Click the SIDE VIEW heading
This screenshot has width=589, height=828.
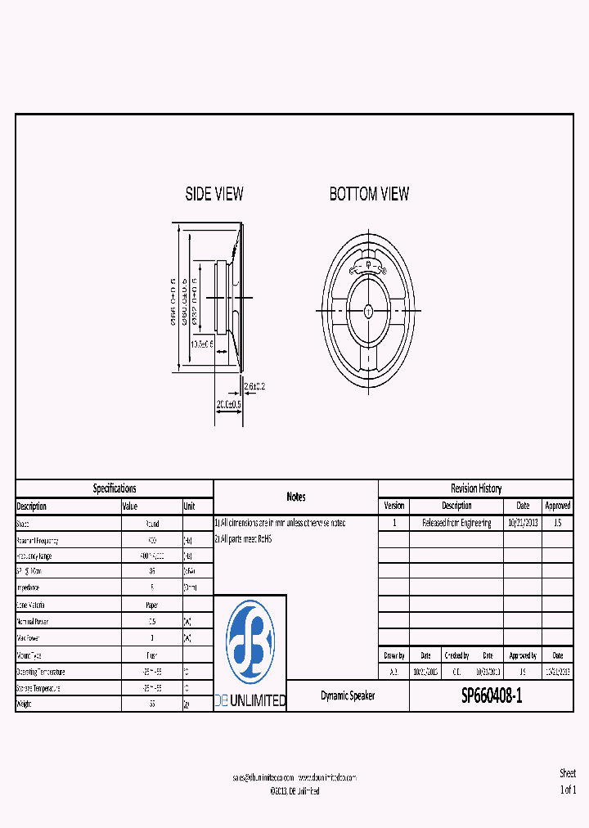[x=214, y=195]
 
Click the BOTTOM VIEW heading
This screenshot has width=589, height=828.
[x=369, y=195]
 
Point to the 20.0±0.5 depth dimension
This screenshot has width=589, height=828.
[x=228, y=404]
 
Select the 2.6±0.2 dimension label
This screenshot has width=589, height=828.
[x=254, y=385]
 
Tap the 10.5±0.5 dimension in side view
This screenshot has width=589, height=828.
[x=202, y=344]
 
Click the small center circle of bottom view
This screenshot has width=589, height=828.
[x=368, y=311]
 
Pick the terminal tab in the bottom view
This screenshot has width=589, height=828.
[x=368, y=265]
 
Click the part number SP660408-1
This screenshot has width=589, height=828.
[x=491, y=696]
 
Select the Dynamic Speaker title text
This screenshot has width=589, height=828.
[x=348, y=696]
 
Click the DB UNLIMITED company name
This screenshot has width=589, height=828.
[x=250, y=701]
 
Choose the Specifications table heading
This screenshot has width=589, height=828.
[x=115, y=488]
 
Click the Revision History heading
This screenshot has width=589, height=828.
[x=475, y=488]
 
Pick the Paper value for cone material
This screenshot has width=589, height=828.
[x=151, y=605]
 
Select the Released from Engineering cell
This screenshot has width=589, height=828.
[x=456, y=523]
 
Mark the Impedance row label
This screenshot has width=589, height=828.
[x=29, y=588]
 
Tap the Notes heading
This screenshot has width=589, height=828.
[x=295, y=497]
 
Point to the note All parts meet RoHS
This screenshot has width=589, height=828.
[x=243, y=539]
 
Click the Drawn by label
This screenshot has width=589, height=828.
[x=393, y=655]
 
